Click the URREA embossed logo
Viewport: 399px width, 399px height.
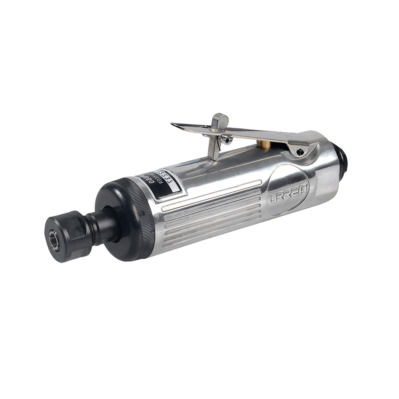coord(288,193)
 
